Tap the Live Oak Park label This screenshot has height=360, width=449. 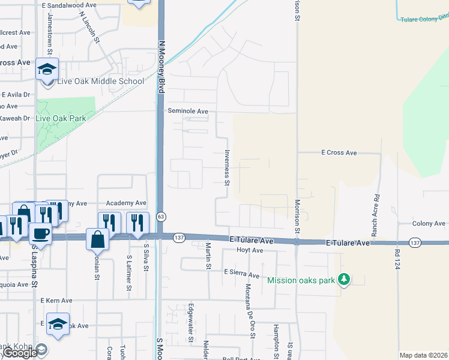tap(61, 118)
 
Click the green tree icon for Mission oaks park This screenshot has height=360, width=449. tap(344, 280)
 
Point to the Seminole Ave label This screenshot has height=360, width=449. tap(188, 111)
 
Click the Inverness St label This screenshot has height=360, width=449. tap(227, 167)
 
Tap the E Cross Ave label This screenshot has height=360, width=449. tap(339, 153)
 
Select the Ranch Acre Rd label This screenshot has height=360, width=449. tap(375, 214)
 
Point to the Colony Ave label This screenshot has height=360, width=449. tap(429, 224)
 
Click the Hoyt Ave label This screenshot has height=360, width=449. tap(250, 250)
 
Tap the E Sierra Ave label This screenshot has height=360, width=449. tap(241, 273)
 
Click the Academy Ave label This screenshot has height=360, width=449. tap(126, 203)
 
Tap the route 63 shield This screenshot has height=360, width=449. tap(161, 216)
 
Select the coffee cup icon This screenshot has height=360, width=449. tap(40, 233)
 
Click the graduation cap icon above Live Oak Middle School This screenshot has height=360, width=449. tap(47, 69)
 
